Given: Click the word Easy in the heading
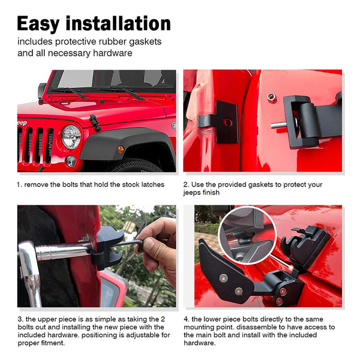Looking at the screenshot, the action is (x=38, y=23).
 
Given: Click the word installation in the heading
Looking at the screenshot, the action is (x=118, y=23).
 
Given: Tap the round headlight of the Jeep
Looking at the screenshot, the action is (x=71, y=137).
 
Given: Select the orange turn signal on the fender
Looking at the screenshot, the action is (x=121, y=149).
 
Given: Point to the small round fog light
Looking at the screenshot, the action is (x=71, y=161).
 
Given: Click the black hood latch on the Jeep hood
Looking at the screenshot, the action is (x=95, y=122).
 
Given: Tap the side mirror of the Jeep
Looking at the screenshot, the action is (x=42, y=91).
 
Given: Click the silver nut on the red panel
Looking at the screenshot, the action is (x=271, y=97).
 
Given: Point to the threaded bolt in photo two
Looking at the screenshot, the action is (x=279, y=125).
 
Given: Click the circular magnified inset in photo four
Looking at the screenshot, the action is (x=247, y=235).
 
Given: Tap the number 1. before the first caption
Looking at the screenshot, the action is (x=19, y=185).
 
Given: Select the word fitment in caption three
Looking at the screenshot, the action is (x=53, y=343).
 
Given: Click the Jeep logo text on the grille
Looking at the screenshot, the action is (x=22, y=123).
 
